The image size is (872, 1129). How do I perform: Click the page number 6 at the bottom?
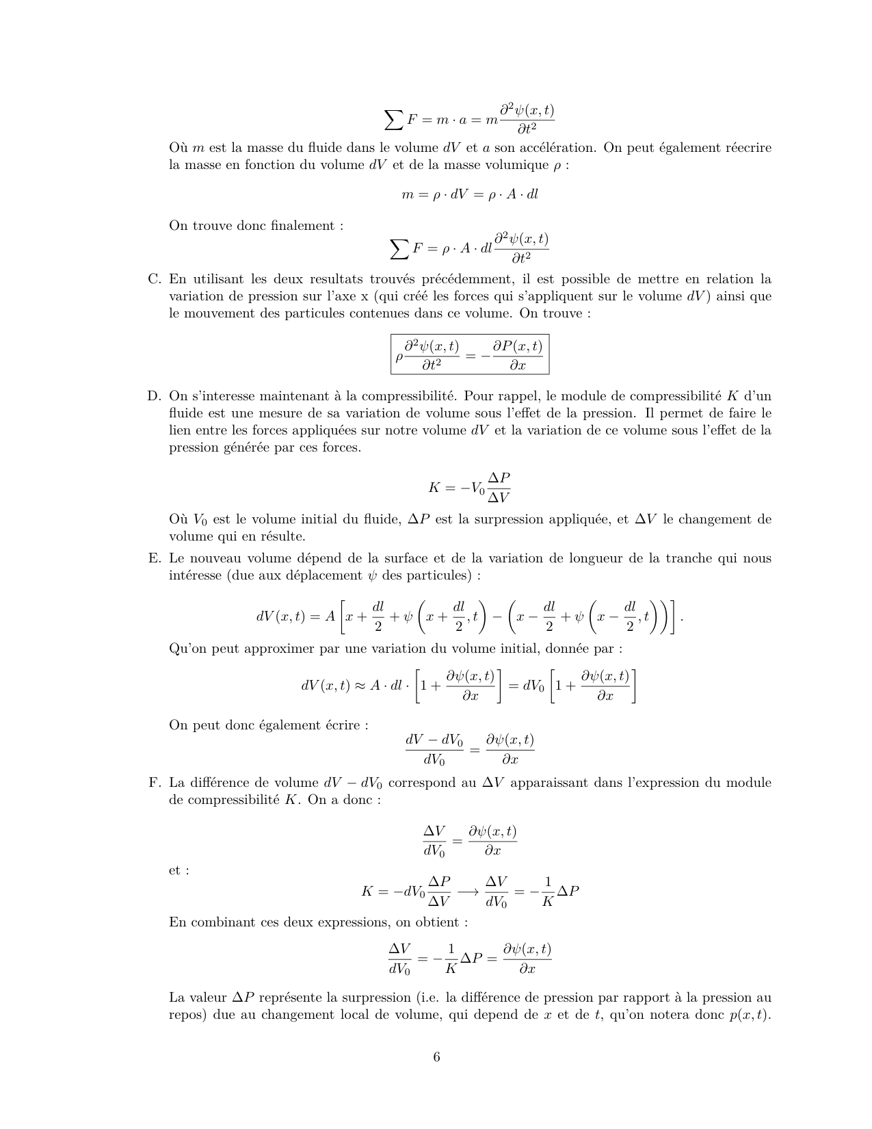436,1057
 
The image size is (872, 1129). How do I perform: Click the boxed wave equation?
470,354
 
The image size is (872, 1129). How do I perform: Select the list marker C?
154,279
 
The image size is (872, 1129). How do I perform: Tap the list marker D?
154,396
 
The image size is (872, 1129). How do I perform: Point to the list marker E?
154,558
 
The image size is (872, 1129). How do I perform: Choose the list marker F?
154,783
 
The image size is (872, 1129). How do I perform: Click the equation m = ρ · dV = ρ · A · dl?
470,194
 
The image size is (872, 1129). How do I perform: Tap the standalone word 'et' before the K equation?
175,871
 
